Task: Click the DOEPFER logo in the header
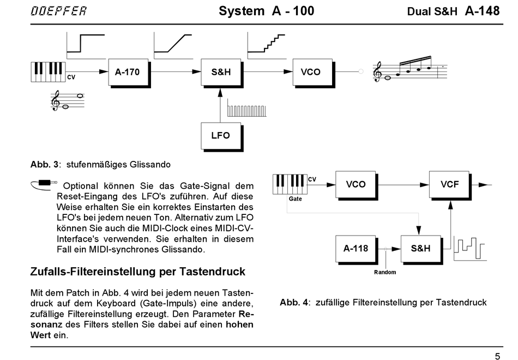click(58, 11)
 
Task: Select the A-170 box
click(128, 72)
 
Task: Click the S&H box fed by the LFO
click(221, 72)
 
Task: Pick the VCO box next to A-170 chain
click(312, 72)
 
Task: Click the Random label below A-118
click(385, 272)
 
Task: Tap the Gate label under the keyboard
click(295, 199)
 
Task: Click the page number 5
click(497, 356)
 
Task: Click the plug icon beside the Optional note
click(44, 184)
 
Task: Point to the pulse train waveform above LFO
click(246, 111)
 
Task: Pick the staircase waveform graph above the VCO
click(267, 46)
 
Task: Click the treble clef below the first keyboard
click(55, 100)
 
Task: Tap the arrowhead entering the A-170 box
click(104, 71)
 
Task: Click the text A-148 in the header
click(482, 11)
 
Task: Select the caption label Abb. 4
click(294, 302)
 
